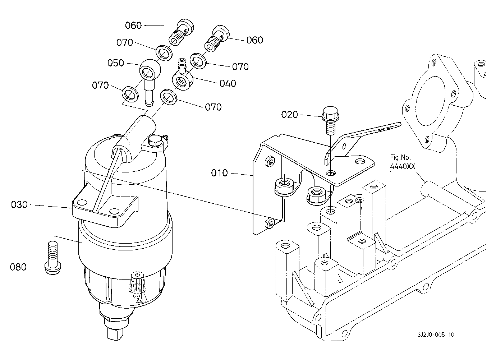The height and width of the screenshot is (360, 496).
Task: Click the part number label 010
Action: pos(219,173)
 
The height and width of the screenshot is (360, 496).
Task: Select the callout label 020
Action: pos(289,115)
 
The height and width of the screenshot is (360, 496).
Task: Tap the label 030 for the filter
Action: pos(19,204)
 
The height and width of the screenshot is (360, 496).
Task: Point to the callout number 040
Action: pos(228,83)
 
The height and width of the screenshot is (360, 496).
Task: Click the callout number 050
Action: pos(116,63)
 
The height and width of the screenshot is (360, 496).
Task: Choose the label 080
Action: pos(18,267)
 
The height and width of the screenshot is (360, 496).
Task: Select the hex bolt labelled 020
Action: pos(330,121)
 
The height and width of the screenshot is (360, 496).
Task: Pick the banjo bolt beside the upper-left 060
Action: pos(182,32)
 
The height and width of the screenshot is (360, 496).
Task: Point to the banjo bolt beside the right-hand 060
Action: pos(217,39)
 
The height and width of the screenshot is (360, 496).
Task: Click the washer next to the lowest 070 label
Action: pos(169,97)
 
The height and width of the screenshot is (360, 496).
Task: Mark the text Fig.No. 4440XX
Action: pos(402,162)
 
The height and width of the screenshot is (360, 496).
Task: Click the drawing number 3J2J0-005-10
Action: pos(436,334)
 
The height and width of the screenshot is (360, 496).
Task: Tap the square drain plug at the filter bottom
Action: pos(114,333)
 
